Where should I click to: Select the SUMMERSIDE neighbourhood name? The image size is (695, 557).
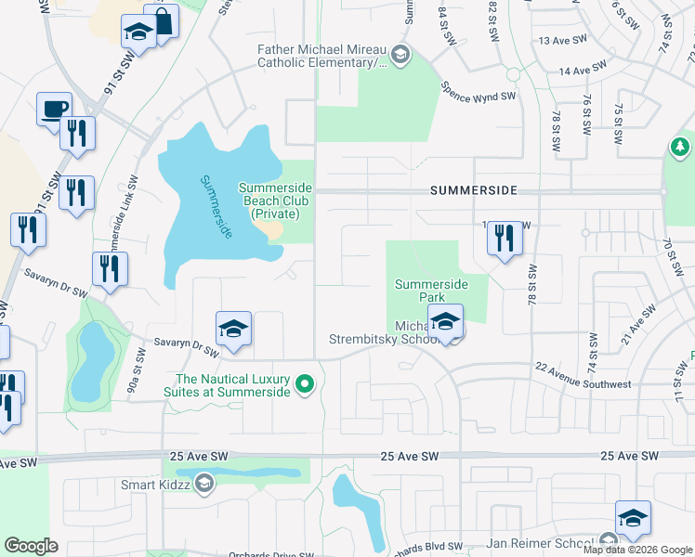point(474,189)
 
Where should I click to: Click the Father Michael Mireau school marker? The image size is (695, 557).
point(400,56)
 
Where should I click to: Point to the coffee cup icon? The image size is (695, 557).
point(54,109)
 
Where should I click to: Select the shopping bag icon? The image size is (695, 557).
point(162,22)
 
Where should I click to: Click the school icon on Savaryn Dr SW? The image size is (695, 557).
point(233,330)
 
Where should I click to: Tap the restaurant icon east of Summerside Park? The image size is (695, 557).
point(505,239)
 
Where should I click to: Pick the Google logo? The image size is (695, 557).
point(31,545)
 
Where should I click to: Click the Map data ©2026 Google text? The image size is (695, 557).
point(638,550)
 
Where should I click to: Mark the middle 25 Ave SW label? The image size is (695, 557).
point(410,456)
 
